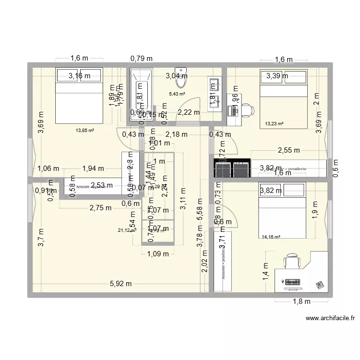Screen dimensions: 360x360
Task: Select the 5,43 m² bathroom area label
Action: pyautogui.click(x=177, y=94)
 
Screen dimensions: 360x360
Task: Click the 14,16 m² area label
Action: pyautogui.click(x=270, y=236)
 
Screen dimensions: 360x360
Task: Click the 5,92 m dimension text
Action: pyautogui.click(x=120, y=284)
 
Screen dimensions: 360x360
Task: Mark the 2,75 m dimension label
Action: pyautogui.click(x=101, y=208)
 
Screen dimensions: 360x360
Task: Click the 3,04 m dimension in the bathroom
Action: pyautogui.click(x=177, y=75)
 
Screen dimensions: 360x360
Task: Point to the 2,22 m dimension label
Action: pyautogui.click(x=188, y=112)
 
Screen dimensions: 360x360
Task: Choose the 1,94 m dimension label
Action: pyautogui.click(x=93, y=168)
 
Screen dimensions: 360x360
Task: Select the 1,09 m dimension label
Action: pyautogui.click(x=158, y=253)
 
